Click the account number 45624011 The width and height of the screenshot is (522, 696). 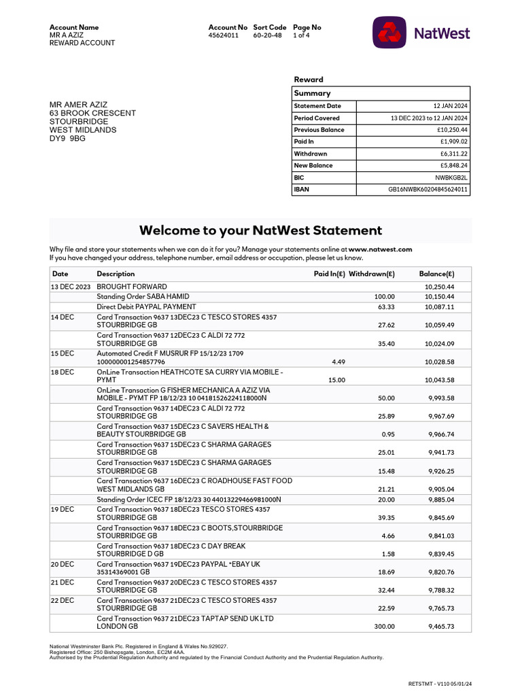pyautogui.click(x=224, y=35)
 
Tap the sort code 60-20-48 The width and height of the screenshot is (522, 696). pyautogui.click(x=267, y=35)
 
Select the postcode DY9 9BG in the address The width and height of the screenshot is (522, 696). pyautogui.click(x=68, y=139)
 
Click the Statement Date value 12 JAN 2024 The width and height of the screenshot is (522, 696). pyautogui.click(x=450, y=106)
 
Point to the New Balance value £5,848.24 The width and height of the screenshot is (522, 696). pyautogui.click(x=453, y=165)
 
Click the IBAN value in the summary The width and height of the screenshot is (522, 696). pyautogui.click(x=428, y=190)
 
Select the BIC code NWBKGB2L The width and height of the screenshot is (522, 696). pyautogui.click(x=451, y=177)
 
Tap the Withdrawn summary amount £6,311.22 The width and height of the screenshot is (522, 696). pyautogui.click(x=453, y=154)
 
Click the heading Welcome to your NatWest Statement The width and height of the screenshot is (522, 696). pyautogui.click(x=260, y=230)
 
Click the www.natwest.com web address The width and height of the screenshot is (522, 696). pyautogui.click(x=380, y=249)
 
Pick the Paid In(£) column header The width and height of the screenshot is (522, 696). pyautogui.click(x=329, y=274)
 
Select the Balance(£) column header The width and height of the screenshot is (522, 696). pyautogui.click(x=436, y=274)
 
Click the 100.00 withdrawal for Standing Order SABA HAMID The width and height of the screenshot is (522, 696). pyautogui.click(x=384, y=297)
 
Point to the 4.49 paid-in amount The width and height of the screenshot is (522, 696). pyautogui.click(x=338, y=362)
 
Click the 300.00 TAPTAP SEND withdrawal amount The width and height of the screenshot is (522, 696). pyautogui.click(x=384, y=627)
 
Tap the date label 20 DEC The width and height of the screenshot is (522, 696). pyautogui.click(x=63, y=564)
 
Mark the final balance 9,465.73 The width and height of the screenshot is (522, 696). pyautogui.click(x=441, y=627)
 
